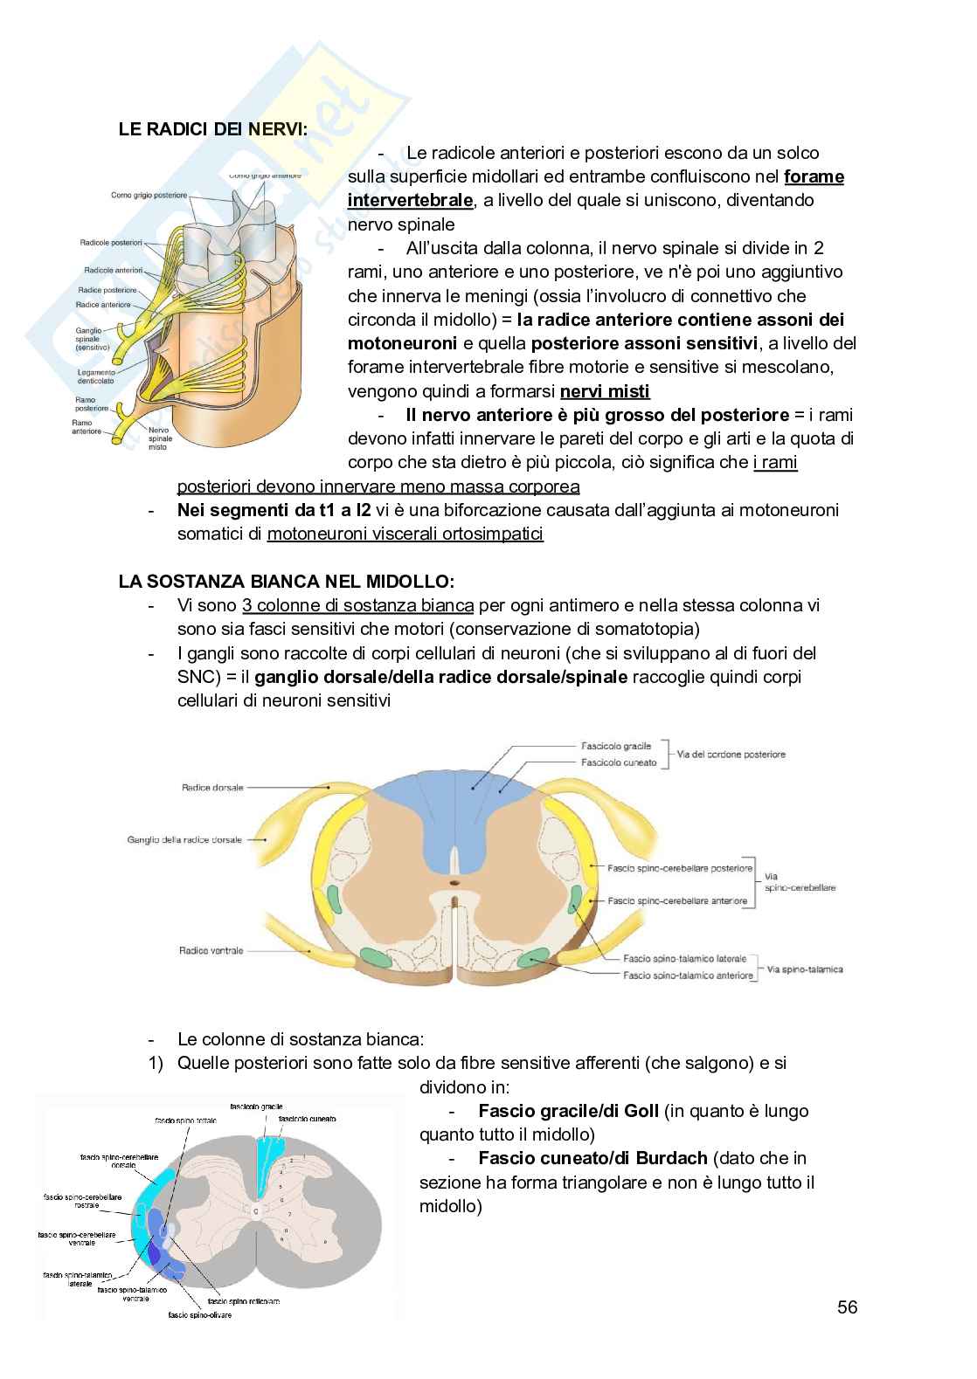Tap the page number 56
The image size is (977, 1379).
tap(847, 1307)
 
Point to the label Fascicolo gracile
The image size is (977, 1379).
tap(616, 747)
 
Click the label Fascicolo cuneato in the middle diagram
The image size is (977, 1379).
tap(619, 762)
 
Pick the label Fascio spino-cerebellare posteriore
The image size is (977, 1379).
tap(680, 868)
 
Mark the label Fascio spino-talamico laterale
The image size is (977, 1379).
tap(685, 958)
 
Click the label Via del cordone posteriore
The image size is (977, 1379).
tap(731, 755)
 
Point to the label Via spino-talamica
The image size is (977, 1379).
tap(805, 969)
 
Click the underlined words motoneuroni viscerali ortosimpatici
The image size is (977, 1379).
tap(405, 533)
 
